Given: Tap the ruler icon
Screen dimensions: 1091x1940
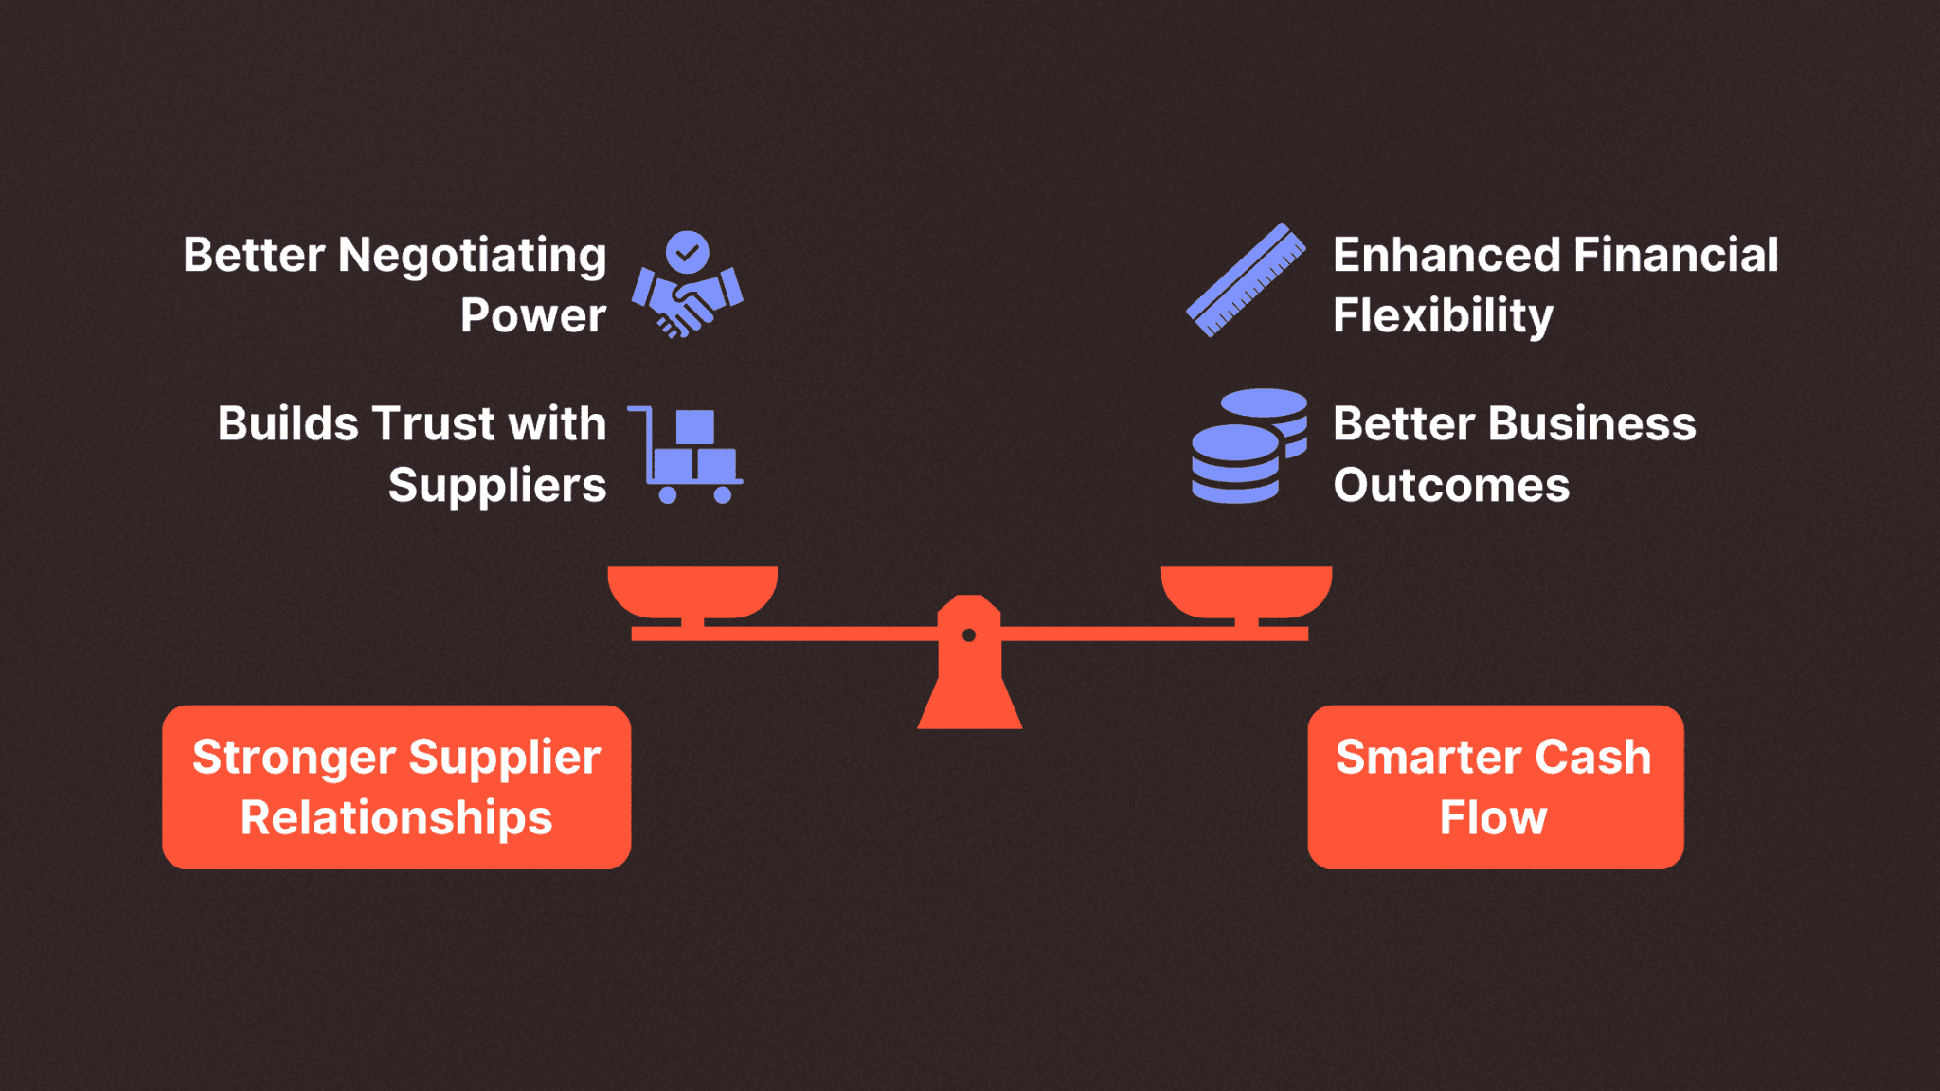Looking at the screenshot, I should pos(1246,280).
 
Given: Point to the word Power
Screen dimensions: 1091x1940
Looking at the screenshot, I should pos(532,315).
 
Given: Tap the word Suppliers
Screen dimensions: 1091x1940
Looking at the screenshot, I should pos(496,486).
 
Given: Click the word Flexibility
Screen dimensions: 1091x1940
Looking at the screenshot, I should pos(1443,315).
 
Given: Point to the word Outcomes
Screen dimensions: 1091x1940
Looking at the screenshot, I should pos(1451,486).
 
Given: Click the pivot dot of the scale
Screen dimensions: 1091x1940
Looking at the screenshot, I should pos(969,635).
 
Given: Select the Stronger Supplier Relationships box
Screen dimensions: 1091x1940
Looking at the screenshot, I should pos(396,787).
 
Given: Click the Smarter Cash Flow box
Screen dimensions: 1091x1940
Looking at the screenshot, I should pos(1495,787).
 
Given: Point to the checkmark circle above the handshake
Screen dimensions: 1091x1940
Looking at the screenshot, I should pos(688,252).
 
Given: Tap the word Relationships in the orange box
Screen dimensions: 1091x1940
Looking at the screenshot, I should pos(396,818).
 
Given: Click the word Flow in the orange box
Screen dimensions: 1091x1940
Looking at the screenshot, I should pos(1493,818).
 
